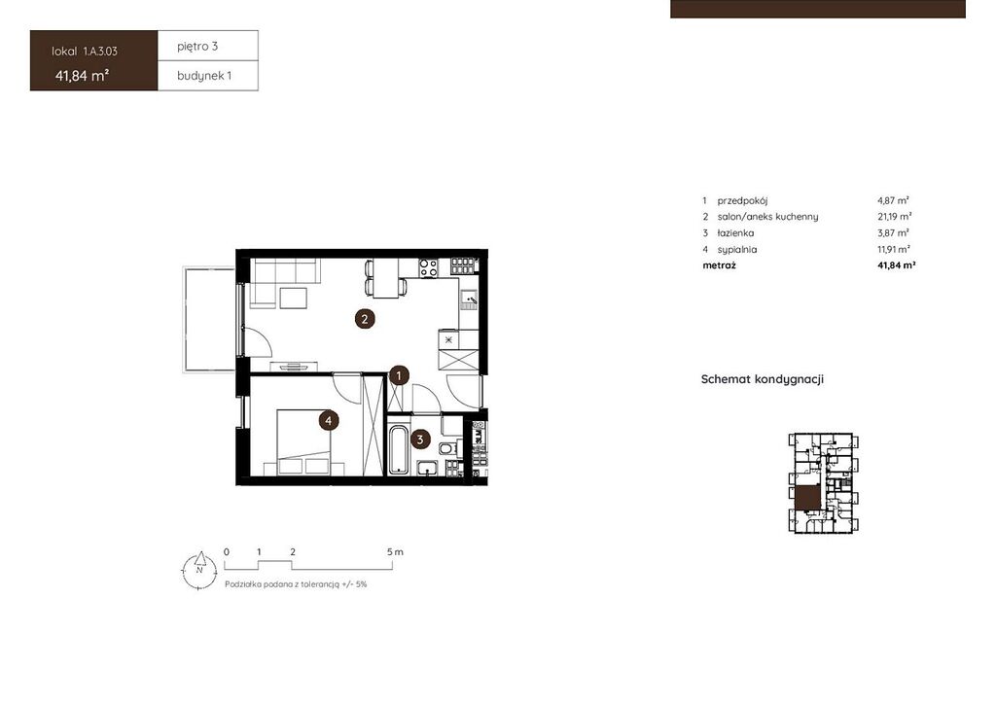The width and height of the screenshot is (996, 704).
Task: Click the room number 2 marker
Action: point(365,319)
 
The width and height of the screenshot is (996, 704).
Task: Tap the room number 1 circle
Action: point(399,375)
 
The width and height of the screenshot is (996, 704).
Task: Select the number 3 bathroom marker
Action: point(420,440)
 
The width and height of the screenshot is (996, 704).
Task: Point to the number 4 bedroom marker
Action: point(328,420)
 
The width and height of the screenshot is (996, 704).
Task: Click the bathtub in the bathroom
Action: point(398,450)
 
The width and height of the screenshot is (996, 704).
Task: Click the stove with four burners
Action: point(429,267)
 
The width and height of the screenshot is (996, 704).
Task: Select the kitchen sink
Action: point(469,299)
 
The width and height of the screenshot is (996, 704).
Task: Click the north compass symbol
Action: point(199,569)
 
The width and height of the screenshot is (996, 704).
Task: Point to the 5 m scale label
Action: point(395,551)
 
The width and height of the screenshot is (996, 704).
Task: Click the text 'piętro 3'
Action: point(197,47)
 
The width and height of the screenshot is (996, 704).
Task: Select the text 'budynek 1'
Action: point(204,76)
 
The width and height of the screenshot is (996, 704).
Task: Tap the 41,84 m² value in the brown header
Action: point(82,76)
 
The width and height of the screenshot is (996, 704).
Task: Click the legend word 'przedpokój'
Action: point(742,200)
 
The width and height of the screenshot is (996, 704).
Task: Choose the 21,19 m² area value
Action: point(895,217)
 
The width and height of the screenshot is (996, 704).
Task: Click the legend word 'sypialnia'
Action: point(737,250)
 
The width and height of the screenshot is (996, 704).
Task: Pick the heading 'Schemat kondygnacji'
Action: point(763,379)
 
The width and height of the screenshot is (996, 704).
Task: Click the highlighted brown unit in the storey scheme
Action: point(807,498)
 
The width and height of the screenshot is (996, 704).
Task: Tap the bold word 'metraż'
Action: point(719,265)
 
